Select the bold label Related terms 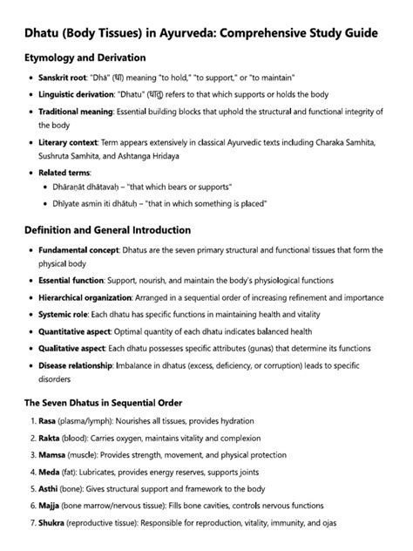(x=63, y=173)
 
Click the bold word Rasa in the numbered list (x=48, y=421)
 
